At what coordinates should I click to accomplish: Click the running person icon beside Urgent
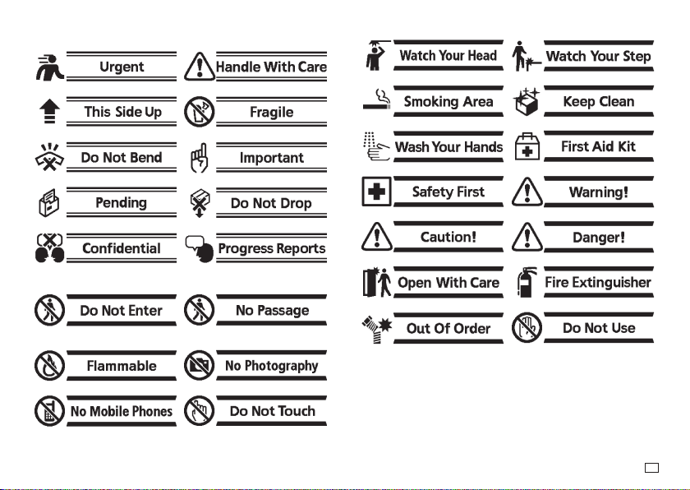50,67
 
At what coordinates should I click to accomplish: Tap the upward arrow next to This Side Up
50,111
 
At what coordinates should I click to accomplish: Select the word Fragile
272,113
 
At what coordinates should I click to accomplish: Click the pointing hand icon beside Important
200,158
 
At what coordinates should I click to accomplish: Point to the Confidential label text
122,248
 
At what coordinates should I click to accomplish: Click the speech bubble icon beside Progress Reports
200,249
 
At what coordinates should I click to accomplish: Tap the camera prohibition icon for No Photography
200,365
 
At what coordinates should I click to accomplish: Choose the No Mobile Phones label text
122,411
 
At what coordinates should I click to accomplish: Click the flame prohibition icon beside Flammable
50,365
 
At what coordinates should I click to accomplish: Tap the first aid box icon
527,146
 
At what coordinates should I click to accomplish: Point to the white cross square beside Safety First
376,192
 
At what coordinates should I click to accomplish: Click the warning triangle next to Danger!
527,237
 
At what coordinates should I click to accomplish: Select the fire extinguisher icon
527,282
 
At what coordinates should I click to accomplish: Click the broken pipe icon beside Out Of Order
377,329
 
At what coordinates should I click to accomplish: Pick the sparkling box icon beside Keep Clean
527,102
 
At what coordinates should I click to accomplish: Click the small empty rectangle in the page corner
651,468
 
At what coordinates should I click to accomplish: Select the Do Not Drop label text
271,203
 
